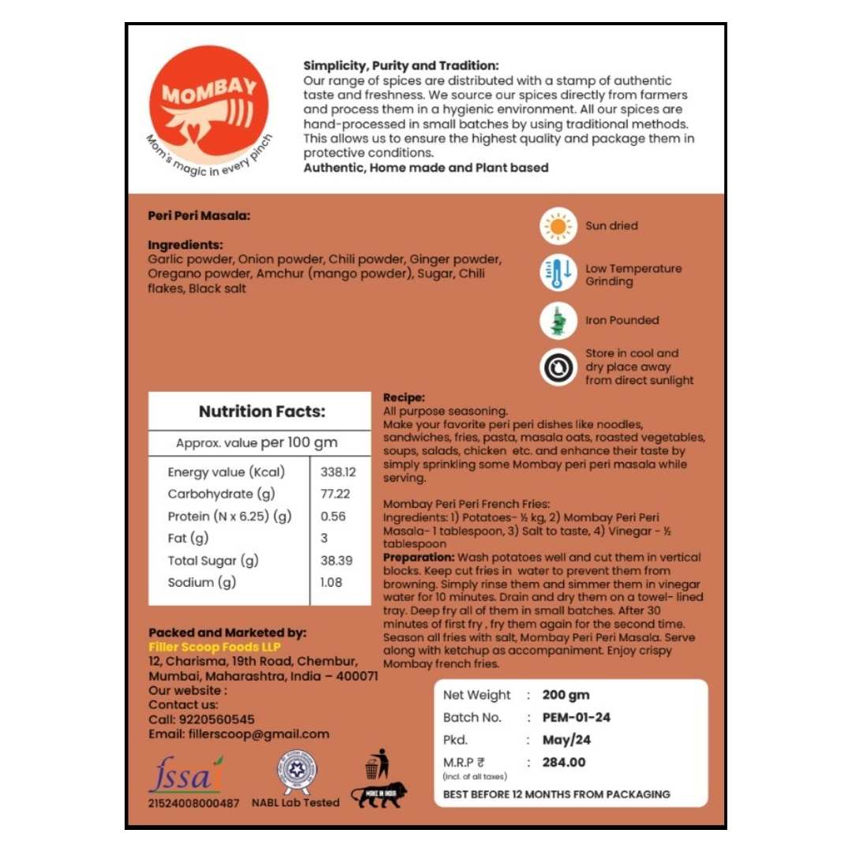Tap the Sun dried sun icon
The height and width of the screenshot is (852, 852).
coord(559,226)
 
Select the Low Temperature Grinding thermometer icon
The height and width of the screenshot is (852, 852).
coord(559,274)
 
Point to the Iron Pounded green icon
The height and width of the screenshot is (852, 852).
coord(559,320)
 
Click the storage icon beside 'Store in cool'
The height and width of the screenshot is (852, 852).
coord(559,367)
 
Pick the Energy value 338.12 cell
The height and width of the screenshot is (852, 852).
coord(338,473)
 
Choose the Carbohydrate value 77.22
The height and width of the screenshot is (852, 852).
coord(335,495)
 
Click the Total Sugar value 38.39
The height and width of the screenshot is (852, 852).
coord(336,561)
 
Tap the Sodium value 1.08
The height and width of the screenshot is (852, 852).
coord(331,583)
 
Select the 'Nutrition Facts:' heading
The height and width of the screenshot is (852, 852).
coord(261,412)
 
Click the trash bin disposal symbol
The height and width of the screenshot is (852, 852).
coord(373,764)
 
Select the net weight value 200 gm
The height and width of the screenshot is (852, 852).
coord(566,696)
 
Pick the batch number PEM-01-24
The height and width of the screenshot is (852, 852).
coord(576,718)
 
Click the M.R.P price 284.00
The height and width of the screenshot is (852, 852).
coord(564,763)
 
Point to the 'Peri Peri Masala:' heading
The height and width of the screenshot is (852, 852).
coord(199,215)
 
